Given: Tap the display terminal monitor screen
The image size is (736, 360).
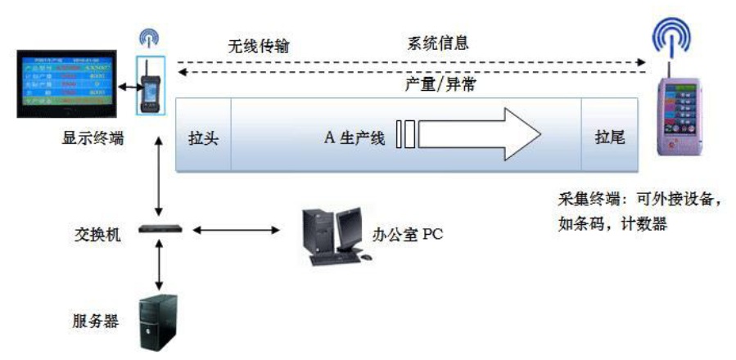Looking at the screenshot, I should [x=61, y=81].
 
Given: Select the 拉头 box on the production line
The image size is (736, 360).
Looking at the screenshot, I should [x=203, y=136].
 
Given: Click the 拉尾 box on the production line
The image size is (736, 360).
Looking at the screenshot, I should [x=610, y=136].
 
